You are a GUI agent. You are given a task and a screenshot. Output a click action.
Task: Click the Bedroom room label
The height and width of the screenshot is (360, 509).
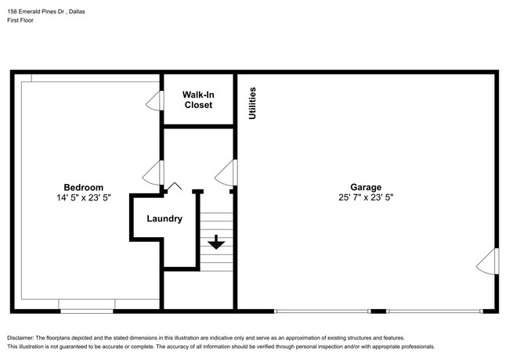83,187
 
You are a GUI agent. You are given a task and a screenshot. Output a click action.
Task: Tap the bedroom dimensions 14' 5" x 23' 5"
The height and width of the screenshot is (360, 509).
83,199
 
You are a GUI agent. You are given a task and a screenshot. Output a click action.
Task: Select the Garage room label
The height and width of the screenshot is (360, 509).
366,187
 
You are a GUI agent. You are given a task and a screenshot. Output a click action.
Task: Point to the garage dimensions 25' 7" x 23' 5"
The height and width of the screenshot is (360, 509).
366,199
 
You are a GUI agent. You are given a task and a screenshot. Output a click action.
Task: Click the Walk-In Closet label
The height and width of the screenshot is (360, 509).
198,99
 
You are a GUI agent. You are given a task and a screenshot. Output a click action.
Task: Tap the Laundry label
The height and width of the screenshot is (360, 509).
164,219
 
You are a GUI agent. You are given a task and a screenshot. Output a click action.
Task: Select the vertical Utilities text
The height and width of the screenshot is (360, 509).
252,103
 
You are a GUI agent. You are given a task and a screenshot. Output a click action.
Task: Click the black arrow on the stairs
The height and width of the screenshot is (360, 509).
216,243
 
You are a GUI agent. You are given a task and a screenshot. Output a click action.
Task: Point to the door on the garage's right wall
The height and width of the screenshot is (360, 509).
487,261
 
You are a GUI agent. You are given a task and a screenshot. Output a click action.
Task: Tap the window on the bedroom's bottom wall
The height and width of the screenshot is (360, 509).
86,311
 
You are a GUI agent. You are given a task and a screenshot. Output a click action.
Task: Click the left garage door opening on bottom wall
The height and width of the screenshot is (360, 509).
322,311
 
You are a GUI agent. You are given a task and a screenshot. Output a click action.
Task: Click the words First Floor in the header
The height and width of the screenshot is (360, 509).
21,20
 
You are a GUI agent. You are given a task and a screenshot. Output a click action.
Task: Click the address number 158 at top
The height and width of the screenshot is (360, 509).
13,10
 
